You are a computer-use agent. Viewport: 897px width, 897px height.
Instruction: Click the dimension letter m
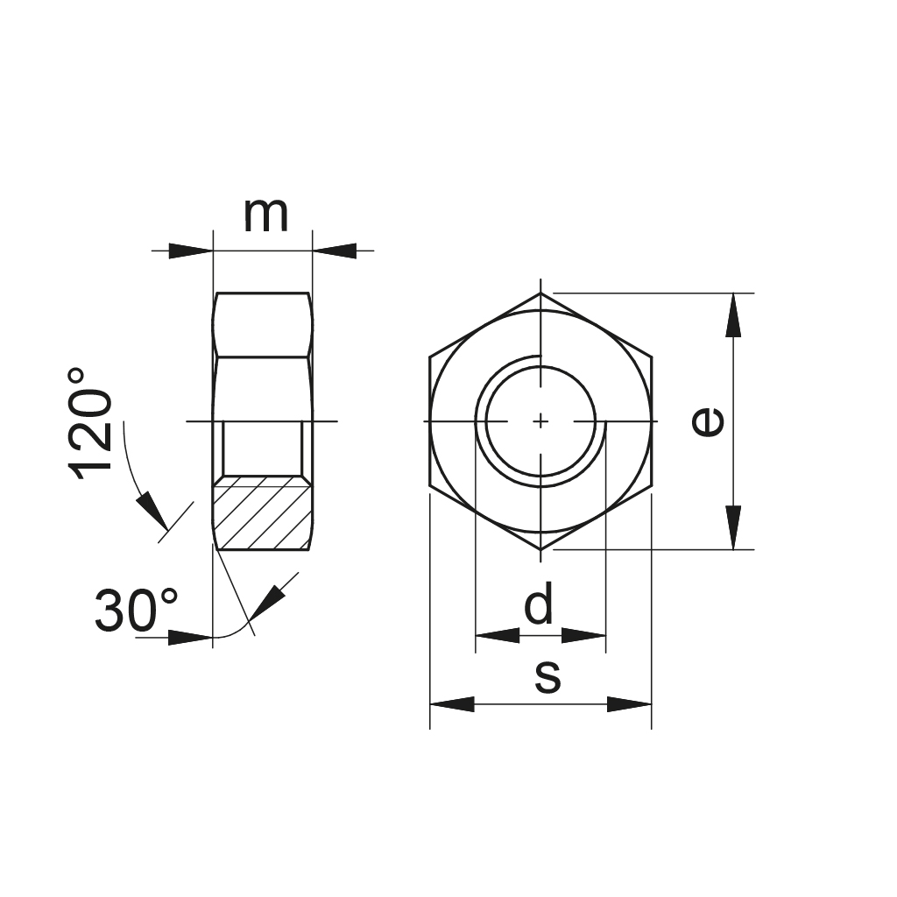pos(265,215)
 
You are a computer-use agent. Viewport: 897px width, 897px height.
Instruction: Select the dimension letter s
pos(547,677)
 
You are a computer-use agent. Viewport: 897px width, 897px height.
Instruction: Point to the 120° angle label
pos(91,424)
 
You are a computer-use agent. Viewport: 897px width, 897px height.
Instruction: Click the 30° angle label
pos(136,611)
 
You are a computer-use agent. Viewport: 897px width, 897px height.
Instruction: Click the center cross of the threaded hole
pos(541,421)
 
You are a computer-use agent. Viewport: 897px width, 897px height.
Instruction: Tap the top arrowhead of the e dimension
pos(734,314)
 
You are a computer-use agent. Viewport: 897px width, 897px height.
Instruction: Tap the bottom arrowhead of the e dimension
pos(734,529)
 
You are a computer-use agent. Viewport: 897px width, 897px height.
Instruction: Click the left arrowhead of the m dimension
pos(191,251)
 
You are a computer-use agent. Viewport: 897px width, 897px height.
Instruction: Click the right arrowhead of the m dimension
pos(335,251)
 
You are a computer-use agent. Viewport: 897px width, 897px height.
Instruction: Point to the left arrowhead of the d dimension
pos(497,635)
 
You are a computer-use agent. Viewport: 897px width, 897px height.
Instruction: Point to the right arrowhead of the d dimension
pos(584,635)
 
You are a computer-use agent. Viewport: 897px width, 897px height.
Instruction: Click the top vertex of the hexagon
pos(541,293)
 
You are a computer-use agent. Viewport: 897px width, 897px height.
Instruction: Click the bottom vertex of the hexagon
pos(541,549)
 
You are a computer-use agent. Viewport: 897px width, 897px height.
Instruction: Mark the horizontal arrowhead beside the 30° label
pos(191,638)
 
